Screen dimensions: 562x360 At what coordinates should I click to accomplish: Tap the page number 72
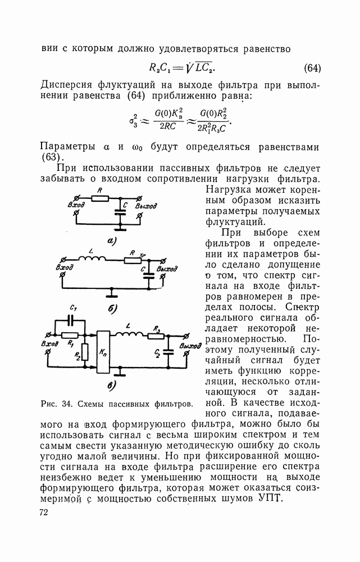click(44, 512)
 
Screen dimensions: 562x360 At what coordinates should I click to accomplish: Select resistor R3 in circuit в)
click(158, 337)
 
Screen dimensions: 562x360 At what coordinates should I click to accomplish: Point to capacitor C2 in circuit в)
click(167, 353)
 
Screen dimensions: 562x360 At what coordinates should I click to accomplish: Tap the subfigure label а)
click(111, 241)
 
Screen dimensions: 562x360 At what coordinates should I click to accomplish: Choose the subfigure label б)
click(112, 309)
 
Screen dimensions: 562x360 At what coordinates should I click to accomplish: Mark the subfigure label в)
click(111, 386)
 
